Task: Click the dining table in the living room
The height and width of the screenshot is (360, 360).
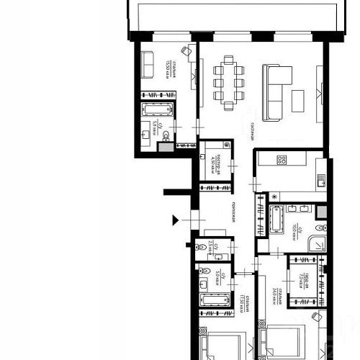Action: click(228, 84)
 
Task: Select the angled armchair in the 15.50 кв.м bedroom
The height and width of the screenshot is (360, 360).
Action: click(185, 50)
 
